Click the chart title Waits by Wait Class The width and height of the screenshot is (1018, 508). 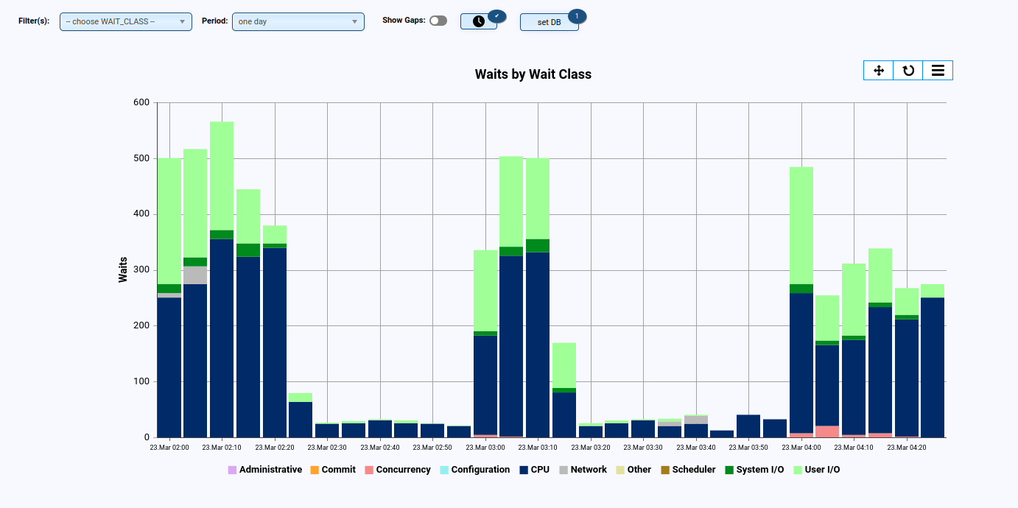pos(533,74)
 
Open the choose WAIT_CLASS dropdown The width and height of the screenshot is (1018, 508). pos(125,21)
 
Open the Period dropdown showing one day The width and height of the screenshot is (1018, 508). pos(298,21)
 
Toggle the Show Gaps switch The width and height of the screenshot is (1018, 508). pos(438,21)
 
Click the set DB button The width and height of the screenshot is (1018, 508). pos(549,22)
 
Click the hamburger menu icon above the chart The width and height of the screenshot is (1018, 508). pos(938,70)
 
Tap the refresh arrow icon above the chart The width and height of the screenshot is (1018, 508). pos(908,70)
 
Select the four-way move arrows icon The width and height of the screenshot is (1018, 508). pos(878,70)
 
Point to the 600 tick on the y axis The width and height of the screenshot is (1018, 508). pos(141,102)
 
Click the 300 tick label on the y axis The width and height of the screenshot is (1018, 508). pos(141,270)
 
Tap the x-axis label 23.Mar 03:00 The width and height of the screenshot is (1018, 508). pos(485,447)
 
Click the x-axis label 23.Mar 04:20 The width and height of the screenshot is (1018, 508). pos(906,447)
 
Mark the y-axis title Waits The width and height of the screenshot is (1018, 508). pos(123,269)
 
